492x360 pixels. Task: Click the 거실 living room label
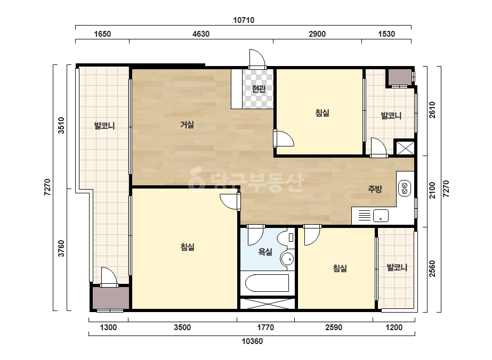click(x=187, y=125)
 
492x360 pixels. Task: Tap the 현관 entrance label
click(x=259, y=89)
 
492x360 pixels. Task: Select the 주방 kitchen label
click(x=375, y=189)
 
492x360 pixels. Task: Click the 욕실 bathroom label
click(x=265, y=251)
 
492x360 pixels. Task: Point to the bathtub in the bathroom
click(x=267, y=283)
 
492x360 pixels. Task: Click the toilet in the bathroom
click(x=286, y=238)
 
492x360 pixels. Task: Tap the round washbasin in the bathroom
click(x=287, y=259)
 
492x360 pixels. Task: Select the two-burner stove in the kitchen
click(x=405, y=188)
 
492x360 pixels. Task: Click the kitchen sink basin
click(x=381, y=216)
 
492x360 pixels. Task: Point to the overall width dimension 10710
click(x=244, y=20)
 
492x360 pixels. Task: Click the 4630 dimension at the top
click(x=201, y=34)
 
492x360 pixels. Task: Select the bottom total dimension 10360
click(x=252, y=341)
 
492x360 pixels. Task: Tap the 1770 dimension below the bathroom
click(x=265, y=328)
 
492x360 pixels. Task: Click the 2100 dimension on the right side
click(x=432, y=190)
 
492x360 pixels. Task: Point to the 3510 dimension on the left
click(x=61, y=125)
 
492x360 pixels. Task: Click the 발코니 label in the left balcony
click(x=104, y=126)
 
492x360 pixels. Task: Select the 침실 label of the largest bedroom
click(x=187, y=247)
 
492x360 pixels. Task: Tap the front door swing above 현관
click(x=257, y=59)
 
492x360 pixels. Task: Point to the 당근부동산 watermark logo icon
click(x=196, y=179)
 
